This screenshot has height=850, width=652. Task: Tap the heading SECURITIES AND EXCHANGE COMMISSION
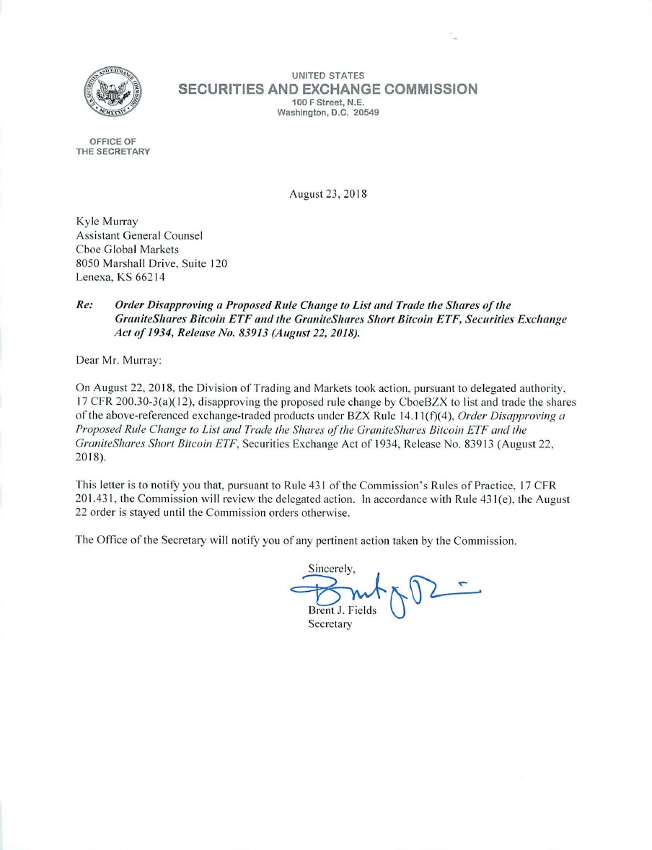click(x=327, y=89)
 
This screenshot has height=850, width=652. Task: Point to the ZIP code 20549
click(x=366, y=113)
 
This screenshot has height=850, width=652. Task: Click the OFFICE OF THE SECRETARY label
click(x=113, y=146)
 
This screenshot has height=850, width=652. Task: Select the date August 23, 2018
click(x=328, y=194)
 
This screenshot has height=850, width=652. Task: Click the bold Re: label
click(x=84, y=305)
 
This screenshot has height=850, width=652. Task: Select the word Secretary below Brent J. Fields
click(x=330, y=624)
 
